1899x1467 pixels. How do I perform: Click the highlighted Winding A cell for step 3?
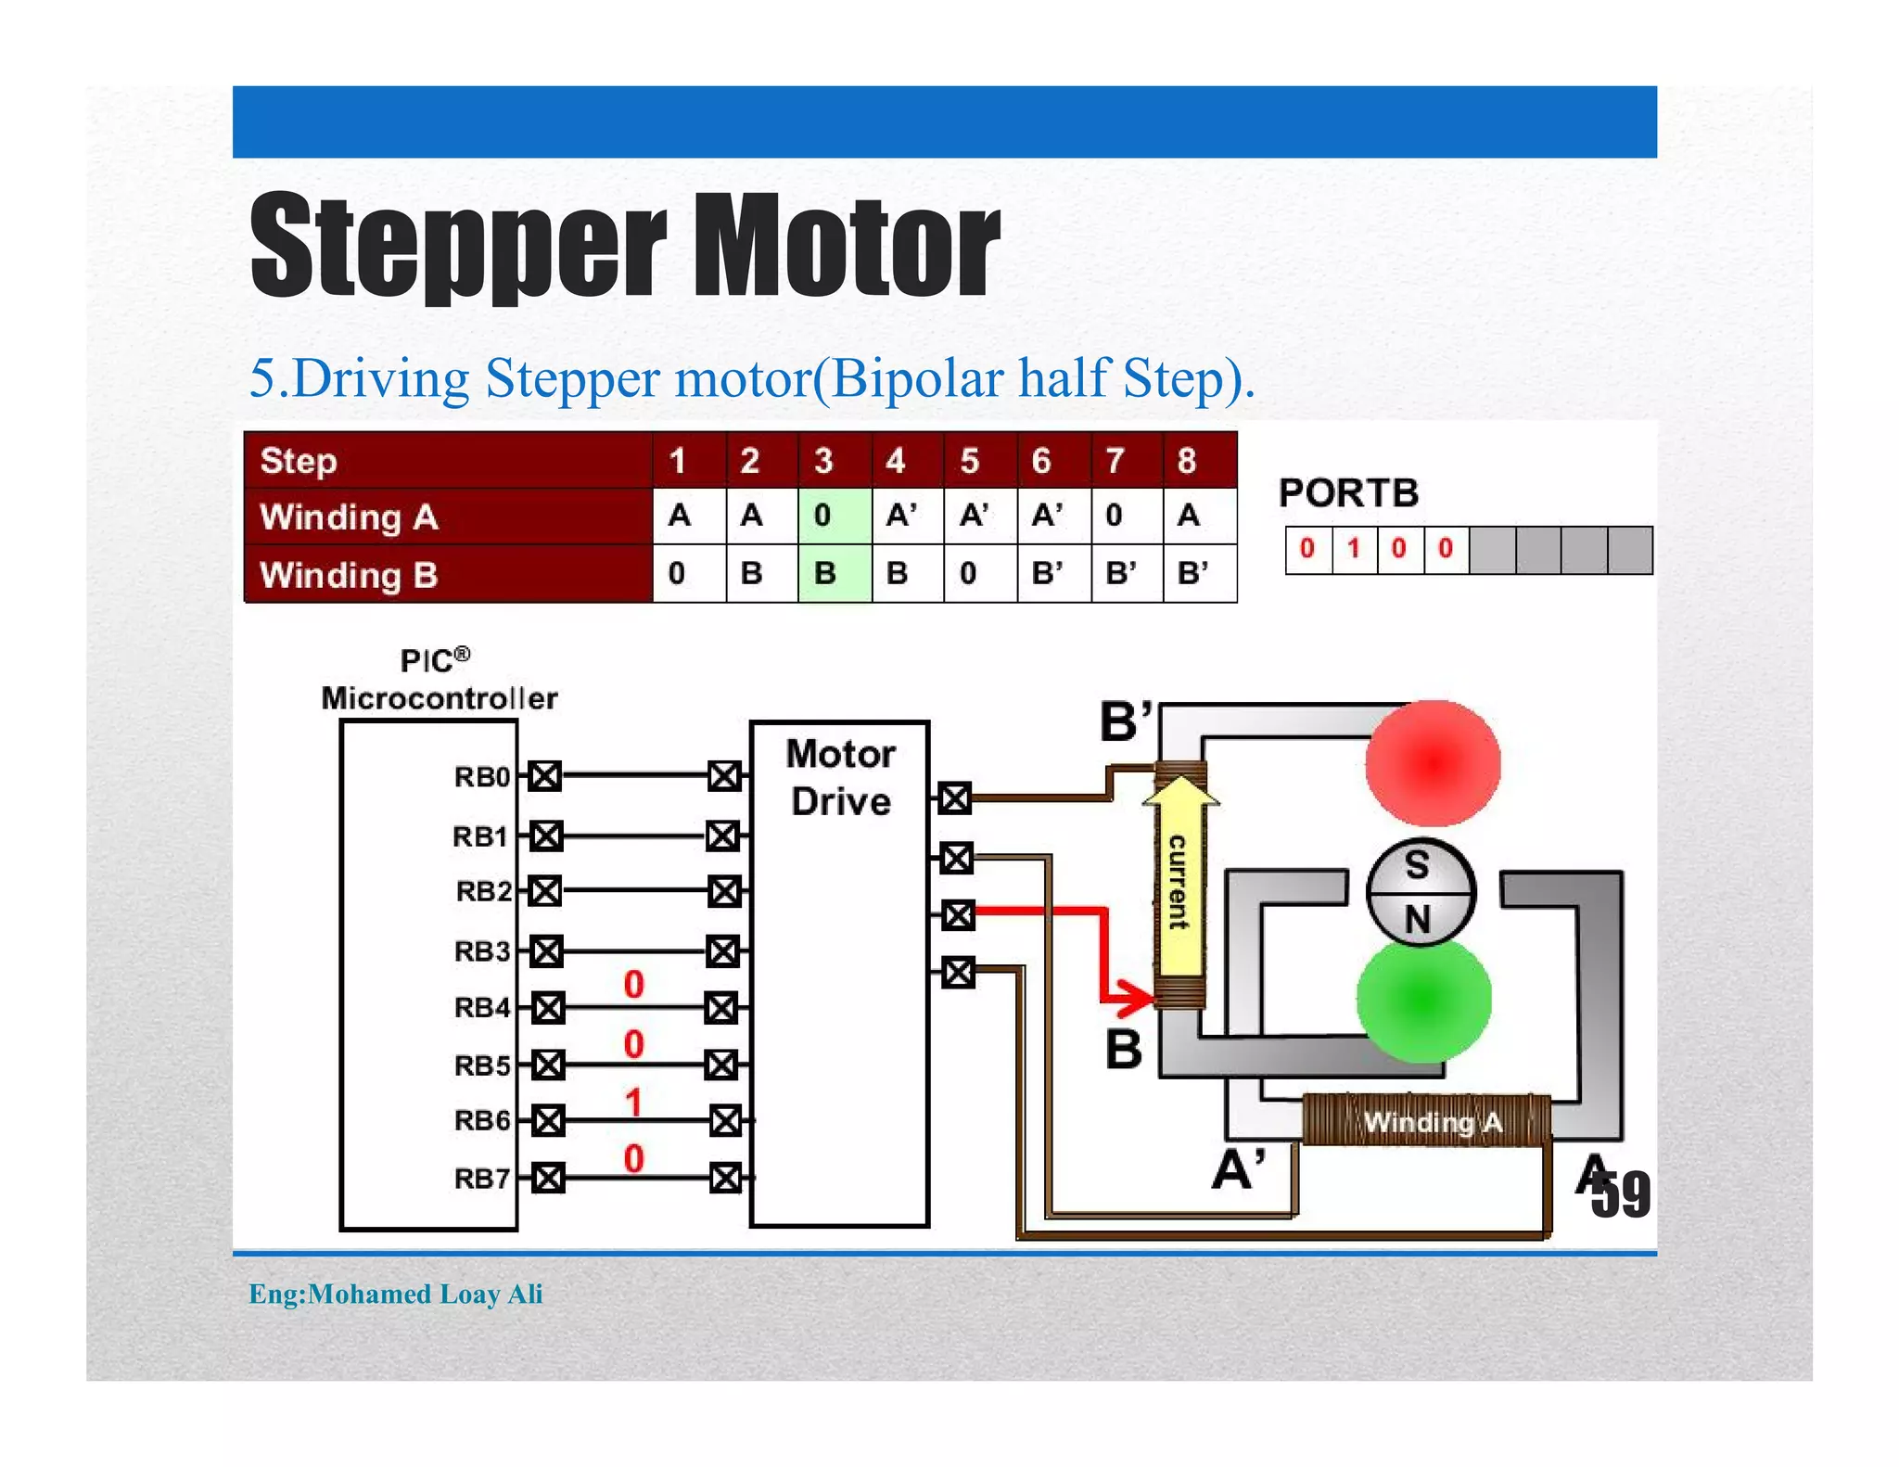(x=834, y=516)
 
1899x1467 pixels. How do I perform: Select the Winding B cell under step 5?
(x=979, y=573)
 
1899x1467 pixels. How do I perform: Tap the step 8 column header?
(x=1199, y=461)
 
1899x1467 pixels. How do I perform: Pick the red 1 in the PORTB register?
(x=1353, y=549)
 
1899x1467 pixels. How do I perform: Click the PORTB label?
(x=1348, y=493)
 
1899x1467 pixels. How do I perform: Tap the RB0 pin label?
(x=481, y=777)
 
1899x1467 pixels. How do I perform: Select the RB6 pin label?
(x=481, y=1121)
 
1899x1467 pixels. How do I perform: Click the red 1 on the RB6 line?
(x=633, y=1103)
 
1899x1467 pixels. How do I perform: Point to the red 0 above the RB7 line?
(x=633, y=1158)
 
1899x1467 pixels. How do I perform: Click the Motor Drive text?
(x=840, y=777)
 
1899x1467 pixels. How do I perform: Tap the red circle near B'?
(x=1433, y=763)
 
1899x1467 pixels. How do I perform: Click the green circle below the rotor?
(x=1423, y=1000)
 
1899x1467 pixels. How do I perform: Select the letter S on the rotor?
(x=1416, y=866)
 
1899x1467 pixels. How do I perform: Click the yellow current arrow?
(x=1179, y=881)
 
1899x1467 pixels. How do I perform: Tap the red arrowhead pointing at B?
(x=1136, y=998)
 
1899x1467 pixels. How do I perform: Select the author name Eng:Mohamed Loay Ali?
(x=395, y=1294)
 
